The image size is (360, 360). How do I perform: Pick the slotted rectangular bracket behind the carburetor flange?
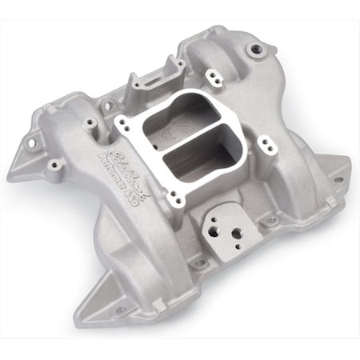coord(156,76)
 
